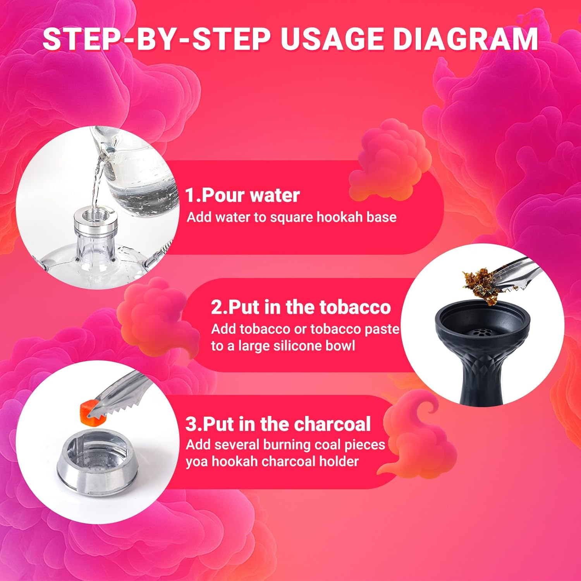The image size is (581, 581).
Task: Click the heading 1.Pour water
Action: click(x=242, y=195)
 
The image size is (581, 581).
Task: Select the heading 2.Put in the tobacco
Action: click(x=301, y=307)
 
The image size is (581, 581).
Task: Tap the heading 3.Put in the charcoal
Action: click(x=278, y=424)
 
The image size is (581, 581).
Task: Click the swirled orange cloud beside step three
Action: click(x=418, y=434)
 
